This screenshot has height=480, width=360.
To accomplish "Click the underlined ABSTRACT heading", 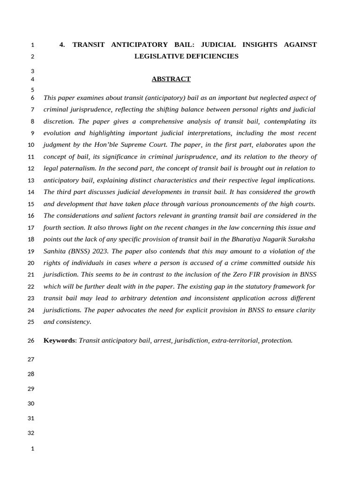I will coord(171,79).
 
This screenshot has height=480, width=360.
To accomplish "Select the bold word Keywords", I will coord(59,340).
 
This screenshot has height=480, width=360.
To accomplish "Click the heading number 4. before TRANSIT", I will coord(62,45).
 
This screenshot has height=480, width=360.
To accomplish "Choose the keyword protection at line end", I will coord(277,340).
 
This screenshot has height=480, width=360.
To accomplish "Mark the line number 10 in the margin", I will coord(31,145).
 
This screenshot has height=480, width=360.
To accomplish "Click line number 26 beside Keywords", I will coord(31,341).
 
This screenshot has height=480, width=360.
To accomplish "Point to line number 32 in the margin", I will coord(31,433).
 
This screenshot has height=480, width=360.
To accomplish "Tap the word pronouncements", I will coord(238,204).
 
